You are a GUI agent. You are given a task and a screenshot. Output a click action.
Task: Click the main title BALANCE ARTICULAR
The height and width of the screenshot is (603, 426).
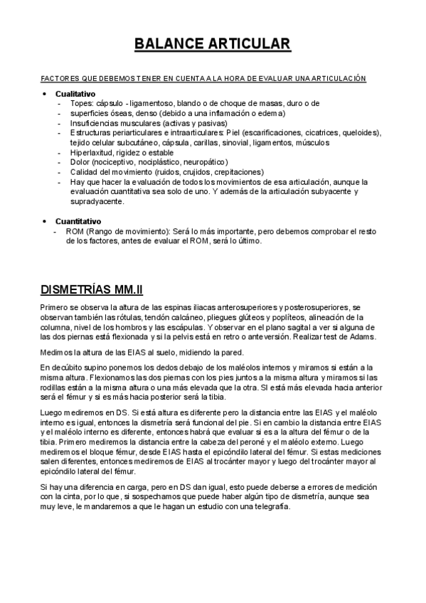click(x=213, y=45)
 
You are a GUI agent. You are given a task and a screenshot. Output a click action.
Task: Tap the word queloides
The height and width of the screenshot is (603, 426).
click(x=362, y=133)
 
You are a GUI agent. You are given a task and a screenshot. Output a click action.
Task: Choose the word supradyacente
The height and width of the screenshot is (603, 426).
click(x=95, y=201)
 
